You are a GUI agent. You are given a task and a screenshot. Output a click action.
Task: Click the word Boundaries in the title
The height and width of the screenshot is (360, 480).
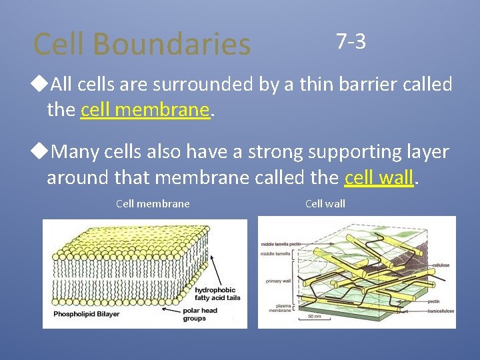coord(171,44)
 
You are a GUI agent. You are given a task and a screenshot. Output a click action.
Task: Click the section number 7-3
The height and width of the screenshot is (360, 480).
coord(351,41)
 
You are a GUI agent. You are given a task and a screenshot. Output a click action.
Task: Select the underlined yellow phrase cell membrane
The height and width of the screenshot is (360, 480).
coord(145,109)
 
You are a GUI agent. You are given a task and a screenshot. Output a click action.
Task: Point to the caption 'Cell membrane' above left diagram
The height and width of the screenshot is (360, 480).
coord(153,203)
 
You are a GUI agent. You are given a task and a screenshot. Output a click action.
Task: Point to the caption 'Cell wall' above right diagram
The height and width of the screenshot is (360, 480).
coord(325,203)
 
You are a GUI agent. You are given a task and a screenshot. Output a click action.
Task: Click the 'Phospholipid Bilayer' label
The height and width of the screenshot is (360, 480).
coord(86,314)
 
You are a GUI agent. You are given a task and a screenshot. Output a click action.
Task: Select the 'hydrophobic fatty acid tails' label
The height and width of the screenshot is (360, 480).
coord(217,294)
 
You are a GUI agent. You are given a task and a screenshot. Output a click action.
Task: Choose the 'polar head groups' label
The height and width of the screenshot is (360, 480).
coord(199,315)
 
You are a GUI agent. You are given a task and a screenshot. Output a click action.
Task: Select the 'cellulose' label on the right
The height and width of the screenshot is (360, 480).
coord(441,265)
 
